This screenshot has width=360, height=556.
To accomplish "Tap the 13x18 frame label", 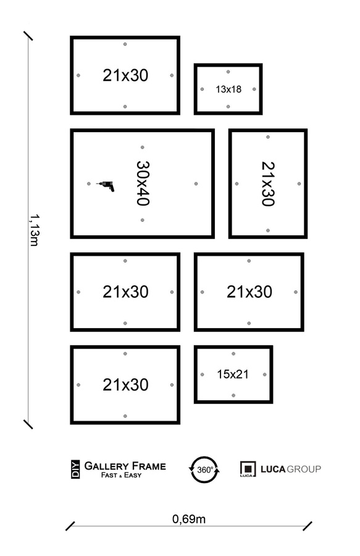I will [228, 89].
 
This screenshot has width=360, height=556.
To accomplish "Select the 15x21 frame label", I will [233, 374].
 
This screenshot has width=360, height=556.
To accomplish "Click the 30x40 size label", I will [143, 183].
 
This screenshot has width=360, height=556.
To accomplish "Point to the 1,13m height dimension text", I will [34, 229].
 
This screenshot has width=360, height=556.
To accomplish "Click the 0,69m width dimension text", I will [189, 519].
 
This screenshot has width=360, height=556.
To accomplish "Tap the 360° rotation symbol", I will [204, 470].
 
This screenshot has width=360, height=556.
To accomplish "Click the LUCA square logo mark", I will [248, 469].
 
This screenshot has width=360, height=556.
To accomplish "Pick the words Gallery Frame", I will [125, 466].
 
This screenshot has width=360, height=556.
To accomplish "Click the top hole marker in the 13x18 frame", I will [228, 72].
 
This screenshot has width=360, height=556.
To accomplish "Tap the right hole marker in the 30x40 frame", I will [196, 183].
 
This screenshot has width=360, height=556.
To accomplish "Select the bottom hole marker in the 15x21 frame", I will [233, 395].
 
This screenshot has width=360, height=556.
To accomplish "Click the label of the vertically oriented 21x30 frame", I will [267, 183].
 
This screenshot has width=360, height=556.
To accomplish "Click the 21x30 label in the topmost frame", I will [125, 75].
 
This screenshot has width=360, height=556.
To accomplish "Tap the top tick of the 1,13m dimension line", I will [28, 35].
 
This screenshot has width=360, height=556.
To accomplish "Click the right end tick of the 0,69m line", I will [307, 526].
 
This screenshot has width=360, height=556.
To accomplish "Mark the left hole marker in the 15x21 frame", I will [203, 374].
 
